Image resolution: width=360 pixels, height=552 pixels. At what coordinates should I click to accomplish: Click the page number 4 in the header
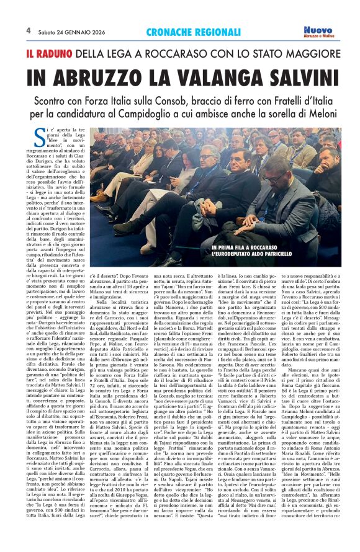tap(28, 29)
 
